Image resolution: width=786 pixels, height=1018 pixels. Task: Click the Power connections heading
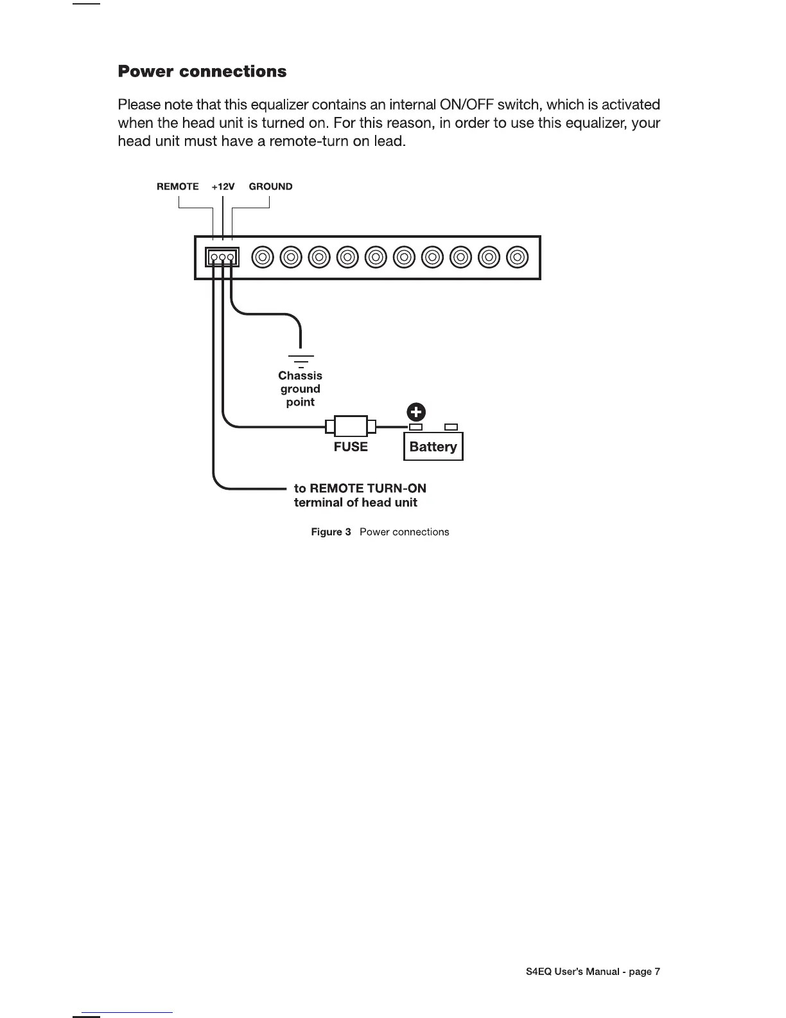click(202, 71)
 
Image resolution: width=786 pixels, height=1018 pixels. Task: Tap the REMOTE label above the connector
click(178, 187)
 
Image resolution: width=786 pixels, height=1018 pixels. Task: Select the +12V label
click(223, 187)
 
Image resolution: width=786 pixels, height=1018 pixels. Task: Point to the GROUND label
click(270, 187)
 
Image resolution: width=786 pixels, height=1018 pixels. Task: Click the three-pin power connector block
click(222, 258)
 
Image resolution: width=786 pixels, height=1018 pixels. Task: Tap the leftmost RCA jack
click(263, 258)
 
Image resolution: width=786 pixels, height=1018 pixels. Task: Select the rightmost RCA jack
click(517, 258)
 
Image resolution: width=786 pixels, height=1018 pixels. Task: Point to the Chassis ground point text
click(300, 389)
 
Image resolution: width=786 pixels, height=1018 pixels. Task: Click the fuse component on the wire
click(351, 425)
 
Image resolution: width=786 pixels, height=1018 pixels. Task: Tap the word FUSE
click(351, 447)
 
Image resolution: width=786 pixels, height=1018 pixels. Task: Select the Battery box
click(433, 447)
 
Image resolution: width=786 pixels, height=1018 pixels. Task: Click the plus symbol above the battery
click(417, 412)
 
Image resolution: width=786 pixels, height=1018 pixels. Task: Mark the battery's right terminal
click(451, 427)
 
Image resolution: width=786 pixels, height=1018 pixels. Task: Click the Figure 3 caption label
click(331, 532)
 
